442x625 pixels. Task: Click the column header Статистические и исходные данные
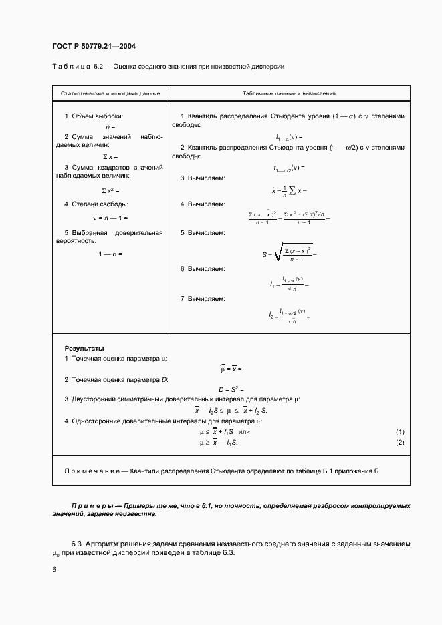pos(110,94)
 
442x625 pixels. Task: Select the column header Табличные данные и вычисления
pos(289,94)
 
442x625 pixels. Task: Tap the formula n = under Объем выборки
pos(110,126)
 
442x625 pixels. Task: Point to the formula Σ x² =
pos(110,190)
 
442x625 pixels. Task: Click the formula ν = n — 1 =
pos(110,218)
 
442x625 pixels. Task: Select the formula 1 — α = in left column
pos(110,254)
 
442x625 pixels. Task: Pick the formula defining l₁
pos(289,284)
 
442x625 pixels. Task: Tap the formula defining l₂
pos(289,314)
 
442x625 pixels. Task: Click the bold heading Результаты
pos(84,348)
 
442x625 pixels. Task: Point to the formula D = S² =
pos(231,389)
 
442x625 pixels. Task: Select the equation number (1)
pos(400,431)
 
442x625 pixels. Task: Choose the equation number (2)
pos(400,442)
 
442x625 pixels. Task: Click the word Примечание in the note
pos(92,471)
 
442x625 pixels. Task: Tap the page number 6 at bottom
pos(54,568)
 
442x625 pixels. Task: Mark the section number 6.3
pos(78,544)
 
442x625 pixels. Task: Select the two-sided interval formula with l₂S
pos(231,410)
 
